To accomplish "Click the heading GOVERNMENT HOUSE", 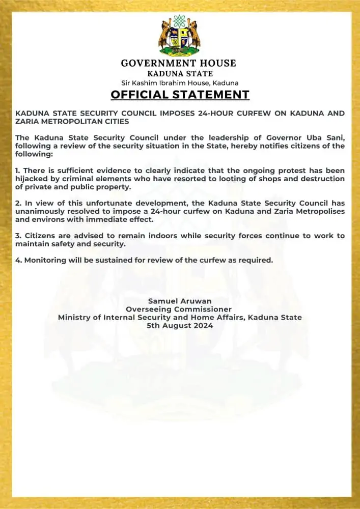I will (179, 63).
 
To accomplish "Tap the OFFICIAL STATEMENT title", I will (180, 95).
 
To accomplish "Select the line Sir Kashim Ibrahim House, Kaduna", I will (180, 82).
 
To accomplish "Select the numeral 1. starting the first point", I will (18, 171).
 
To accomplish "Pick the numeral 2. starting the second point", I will (18, 203).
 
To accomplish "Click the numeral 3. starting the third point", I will (18, 236).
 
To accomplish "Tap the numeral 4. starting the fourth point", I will (18, 260).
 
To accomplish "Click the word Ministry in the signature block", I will (74, 318).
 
